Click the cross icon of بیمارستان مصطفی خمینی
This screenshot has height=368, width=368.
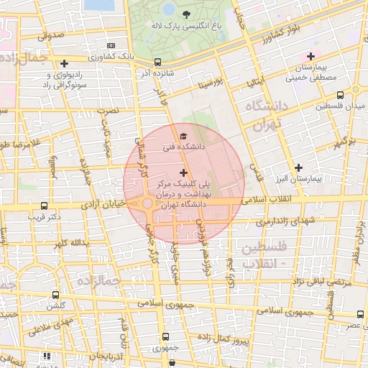[x=310, y=56]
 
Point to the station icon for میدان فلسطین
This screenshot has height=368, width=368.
[x=339, y=94]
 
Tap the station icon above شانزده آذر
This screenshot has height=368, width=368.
[x=157, y=62]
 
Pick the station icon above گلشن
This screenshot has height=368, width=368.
[x=56, y=295]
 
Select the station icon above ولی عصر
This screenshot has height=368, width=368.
[x=359, y=315]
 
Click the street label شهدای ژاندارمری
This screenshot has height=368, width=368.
[x=278, y=221]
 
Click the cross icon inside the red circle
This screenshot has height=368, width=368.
[x=184, y=172]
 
